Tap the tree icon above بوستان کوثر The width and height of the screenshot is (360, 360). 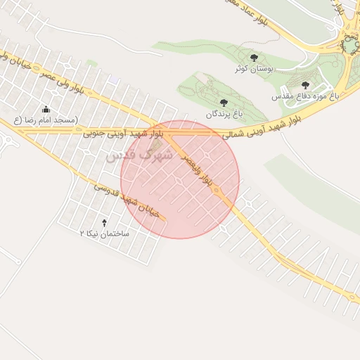[x=254, y=58]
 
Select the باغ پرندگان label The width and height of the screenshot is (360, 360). [x=223, y=113]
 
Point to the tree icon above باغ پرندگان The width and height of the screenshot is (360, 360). [x=224, y=103]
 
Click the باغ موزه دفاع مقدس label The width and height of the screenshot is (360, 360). [x=306, y=94]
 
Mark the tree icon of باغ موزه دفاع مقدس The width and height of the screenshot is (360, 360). [x=304, y=84]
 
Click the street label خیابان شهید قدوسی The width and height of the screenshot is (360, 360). [x=128, y=199]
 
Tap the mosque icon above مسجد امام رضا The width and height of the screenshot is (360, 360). [x=46, y=109]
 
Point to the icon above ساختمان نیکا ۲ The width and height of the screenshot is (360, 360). [x=105, y=221]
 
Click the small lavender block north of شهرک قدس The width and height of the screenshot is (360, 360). [x=113, y=80]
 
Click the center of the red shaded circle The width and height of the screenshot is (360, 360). [x=181, y=179]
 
